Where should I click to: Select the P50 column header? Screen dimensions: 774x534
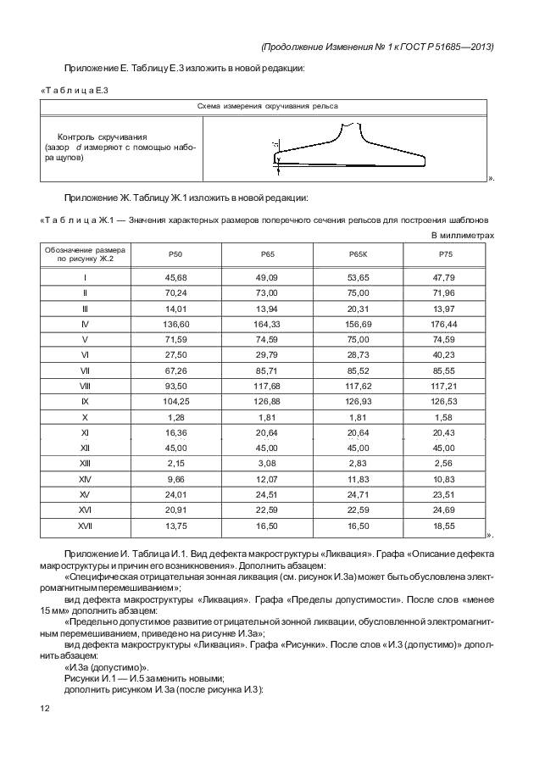(x=175, y=255)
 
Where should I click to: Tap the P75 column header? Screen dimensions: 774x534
(x=444, y=255)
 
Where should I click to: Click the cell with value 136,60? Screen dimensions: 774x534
(x=175, y=324)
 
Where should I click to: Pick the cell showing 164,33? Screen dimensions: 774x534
(x=267, y=324)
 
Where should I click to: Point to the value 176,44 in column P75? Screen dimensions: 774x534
(x=444, y=324)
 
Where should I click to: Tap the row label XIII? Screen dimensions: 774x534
(x=85, y=463)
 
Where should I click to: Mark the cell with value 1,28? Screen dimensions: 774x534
(x=175, y=418)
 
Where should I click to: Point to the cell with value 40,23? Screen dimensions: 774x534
(x=444, y=354)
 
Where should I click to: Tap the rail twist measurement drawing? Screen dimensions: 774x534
(x=348, y=148)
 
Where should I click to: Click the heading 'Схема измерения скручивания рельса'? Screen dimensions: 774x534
(x=263, y=107)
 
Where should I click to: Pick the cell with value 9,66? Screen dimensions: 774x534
(x=175, y=479)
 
